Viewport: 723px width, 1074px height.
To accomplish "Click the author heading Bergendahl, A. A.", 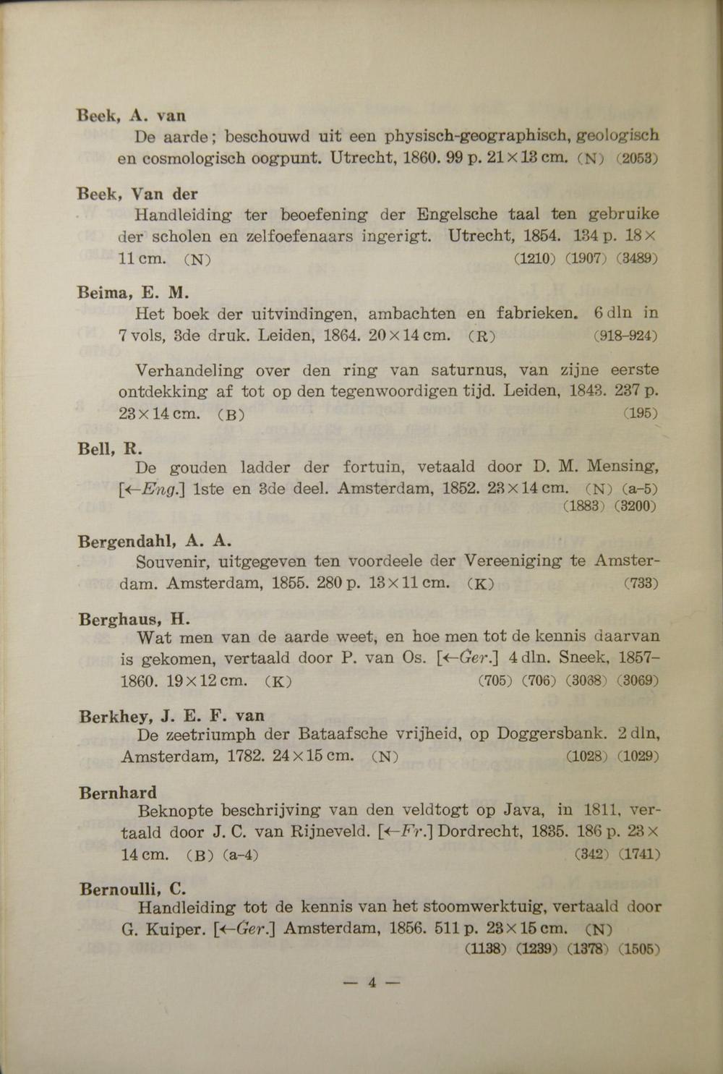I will point(155,541).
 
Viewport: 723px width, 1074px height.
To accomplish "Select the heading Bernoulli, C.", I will point(133,889).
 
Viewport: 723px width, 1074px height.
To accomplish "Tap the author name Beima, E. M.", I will point(134,293).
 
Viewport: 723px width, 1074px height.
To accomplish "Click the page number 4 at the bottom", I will point(372,982).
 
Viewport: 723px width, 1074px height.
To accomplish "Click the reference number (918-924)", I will point(625,336).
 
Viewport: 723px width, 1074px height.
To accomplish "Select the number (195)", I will point(639,414).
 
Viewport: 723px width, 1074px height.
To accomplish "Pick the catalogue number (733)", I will point(640,583).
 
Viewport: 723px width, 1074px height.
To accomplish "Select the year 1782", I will point(244,757).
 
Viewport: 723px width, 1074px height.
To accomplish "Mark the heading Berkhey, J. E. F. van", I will point(172,716).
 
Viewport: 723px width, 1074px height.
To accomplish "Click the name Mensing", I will point(621,466).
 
